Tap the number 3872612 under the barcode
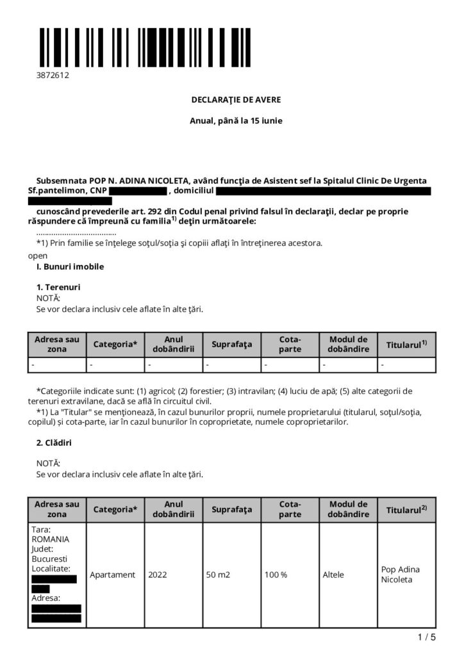[53, 75]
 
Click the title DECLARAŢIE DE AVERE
[236, 100]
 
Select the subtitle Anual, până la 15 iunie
[236, 120]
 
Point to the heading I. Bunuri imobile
[70, 266]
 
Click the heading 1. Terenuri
[58, 287]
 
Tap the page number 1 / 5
[426, 637]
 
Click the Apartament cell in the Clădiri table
[113, 575]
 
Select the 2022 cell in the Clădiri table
[157, 575]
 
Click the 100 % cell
[276, 575]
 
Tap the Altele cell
[333, 575]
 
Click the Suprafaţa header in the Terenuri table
[232, 345]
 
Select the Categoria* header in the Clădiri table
[115, 510]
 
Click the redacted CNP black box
[137, 191]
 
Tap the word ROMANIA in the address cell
[50, 539]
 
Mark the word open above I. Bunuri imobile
[38, 255]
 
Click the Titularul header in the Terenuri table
[407, 345]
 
